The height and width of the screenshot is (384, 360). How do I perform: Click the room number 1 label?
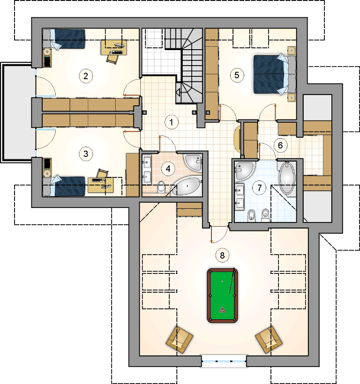171,122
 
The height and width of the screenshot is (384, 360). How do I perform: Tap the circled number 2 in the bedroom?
86,76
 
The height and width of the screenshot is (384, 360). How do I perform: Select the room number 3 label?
86,154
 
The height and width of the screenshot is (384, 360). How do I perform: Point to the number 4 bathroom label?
168,169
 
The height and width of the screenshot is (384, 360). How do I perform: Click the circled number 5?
237,75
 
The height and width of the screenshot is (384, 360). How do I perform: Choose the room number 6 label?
280,146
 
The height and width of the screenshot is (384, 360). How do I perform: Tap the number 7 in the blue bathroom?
259,188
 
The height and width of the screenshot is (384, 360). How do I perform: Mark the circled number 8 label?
222,255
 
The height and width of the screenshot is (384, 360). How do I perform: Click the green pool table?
223,295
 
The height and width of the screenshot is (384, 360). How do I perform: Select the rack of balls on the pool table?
223,310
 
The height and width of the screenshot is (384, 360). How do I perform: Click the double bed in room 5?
275,74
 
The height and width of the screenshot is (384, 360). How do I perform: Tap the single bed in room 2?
64,39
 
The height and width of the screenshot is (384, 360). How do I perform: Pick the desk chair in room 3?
103,173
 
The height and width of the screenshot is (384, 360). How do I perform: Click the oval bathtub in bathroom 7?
287,178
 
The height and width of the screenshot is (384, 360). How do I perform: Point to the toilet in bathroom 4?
161,186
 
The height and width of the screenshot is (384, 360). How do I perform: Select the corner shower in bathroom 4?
194,163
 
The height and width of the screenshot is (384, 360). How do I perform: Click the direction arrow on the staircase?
178,92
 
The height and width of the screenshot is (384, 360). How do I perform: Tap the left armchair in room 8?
180,340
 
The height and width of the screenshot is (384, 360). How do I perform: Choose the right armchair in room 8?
269,340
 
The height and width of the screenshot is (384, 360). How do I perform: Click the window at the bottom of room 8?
224,361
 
